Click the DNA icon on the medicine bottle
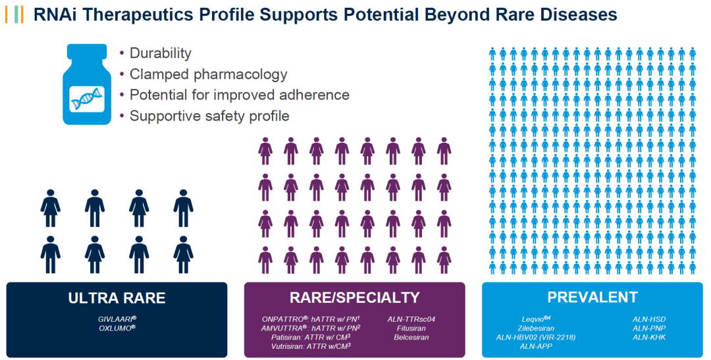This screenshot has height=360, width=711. tap(87, 99)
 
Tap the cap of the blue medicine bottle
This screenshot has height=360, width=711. tap(87, 51)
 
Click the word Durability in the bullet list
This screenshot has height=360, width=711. tap(161, 53)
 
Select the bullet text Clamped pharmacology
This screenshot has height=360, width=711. tap(209, 74)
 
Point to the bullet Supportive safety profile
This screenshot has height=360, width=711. tap(209, 116)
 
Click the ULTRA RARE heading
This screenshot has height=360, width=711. tap(117, 298)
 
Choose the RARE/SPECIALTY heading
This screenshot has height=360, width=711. tap(355, 297)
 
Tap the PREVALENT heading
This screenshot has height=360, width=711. tap(592, 297)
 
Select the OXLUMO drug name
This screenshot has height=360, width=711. tap(117, 328)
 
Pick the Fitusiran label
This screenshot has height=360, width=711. tap(411, 328)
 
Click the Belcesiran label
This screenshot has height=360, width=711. tap(411, 338)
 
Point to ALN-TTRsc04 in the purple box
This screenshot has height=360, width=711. tap(411, 319)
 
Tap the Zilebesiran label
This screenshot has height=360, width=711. tap(536, 328)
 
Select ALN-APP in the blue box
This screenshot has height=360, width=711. tap(536, 346)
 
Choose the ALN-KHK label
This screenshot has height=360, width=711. tap(649, 338)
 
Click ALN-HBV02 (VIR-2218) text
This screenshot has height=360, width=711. tap(536, 338)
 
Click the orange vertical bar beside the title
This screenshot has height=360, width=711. tap(6, 15)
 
